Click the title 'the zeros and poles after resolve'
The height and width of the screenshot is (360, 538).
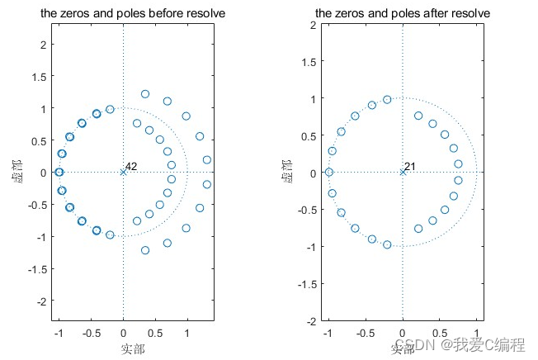click(402, 14)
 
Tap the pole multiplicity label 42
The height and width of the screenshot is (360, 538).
click(131, 167)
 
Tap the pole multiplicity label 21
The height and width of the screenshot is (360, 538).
click(410, 167)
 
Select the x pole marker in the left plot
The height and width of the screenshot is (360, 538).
click(123, 172)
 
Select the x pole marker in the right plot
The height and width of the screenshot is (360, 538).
click(403, 172)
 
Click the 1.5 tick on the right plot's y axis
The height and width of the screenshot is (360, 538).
click(312, 61)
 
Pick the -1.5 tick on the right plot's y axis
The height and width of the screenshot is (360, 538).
click(309, 283)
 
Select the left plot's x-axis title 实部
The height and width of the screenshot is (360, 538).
click(123, 348)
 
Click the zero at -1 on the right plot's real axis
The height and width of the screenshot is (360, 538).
click(328, 172)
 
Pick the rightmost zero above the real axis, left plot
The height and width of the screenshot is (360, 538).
click(206, 159)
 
